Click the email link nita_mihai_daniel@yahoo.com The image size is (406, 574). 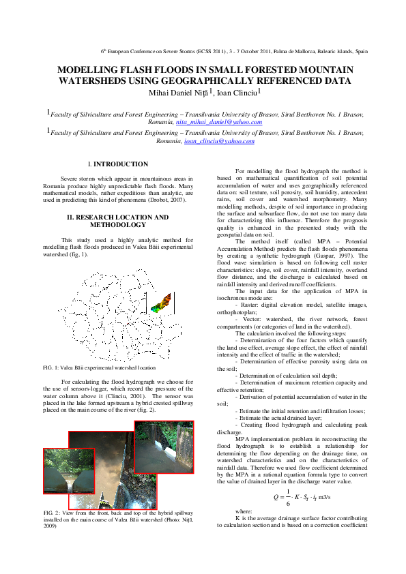pyautogui.click(x=218, y=122)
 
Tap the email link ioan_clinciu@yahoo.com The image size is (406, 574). pyautogui.click(x=219, y=141)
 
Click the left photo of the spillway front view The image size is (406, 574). pyautogui.click(x=68, y=471)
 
